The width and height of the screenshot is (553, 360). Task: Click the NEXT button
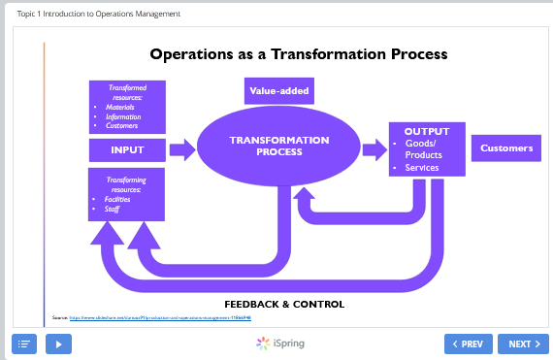tap(523, 344)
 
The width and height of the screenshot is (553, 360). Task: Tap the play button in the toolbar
tap(58, 344)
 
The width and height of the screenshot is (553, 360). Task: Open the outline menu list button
tap(24, 344)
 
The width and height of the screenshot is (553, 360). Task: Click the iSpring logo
tap(277, 344)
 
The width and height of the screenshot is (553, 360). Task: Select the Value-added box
tap(277, 90)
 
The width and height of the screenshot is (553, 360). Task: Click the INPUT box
tap(127, 149)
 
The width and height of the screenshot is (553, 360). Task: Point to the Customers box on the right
tap(506, 148)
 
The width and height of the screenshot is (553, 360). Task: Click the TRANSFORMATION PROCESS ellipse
tap(279, 147)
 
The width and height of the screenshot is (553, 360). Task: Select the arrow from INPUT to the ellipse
tap(182, 149)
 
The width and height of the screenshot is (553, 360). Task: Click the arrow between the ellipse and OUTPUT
tap(373, 149)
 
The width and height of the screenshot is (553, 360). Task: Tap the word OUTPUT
tap(427, 131)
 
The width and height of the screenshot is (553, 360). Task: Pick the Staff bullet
tap(112, 209)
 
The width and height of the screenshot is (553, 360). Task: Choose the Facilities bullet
tap(117, 199)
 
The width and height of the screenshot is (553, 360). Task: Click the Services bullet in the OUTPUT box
tap(422, 168)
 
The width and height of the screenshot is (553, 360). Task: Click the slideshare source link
tap(160, 317)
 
